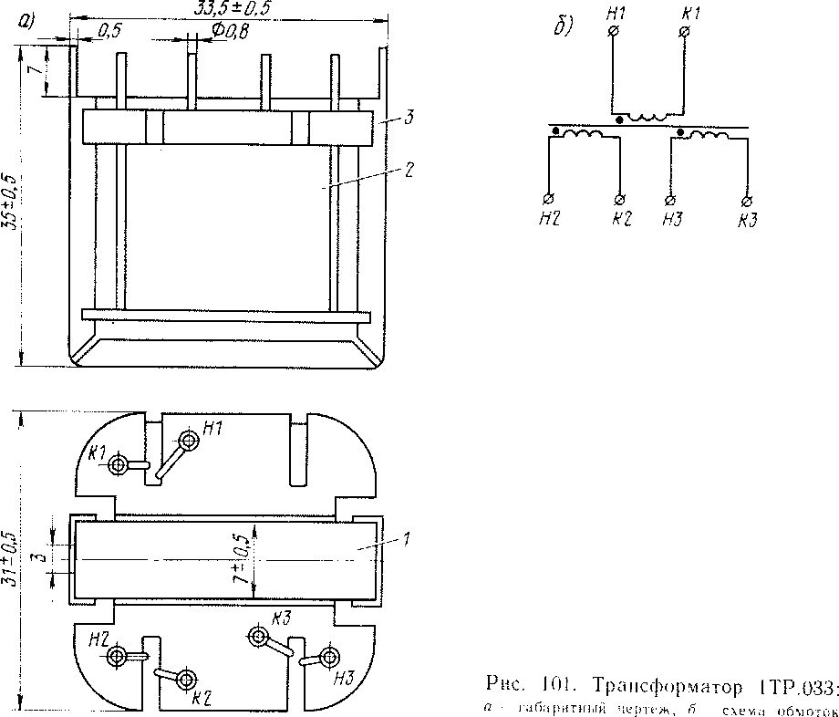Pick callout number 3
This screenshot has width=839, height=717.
(x=409, y=118)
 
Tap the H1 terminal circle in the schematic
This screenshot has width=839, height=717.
(x=613, y=32)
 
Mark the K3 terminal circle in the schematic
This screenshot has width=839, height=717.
(x=747, y=199)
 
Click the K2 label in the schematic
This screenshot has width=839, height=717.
(x=622, y=219)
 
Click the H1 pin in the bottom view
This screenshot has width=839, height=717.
(x=189, y=442)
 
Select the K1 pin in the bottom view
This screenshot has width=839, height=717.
(x=118, y=465)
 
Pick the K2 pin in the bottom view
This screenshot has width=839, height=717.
(x=186, y=680)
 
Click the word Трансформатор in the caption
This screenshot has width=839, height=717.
(x=659, y=685)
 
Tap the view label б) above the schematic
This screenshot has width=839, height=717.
(x=564, y=26)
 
